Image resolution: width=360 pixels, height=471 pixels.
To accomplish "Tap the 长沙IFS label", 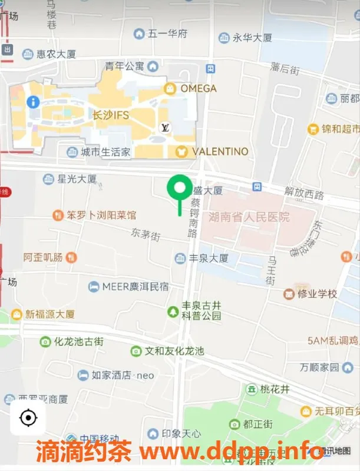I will pos(111,114).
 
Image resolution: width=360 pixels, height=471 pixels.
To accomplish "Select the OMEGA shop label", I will pos(198,88).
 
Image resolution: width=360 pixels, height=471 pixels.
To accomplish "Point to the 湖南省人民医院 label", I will pos(249,217).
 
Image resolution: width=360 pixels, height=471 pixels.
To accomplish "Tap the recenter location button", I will pos(28,418).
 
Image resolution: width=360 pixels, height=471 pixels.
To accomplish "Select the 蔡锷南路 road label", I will pos(193,217).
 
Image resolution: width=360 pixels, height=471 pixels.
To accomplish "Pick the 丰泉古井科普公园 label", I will pos(200,310).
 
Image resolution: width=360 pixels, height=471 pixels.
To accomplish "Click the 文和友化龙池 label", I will pos(174,351).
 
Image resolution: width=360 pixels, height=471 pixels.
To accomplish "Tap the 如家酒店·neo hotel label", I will pos(123,375).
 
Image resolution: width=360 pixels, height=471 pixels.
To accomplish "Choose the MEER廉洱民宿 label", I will pos(136,287).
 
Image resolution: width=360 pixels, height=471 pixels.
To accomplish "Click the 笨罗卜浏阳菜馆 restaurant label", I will pos(101,215).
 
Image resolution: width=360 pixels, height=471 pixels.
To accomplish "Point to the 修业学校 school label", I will pos(317,293).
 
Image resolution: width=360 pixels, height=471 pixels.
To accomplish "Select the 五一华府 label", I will pos(167,34).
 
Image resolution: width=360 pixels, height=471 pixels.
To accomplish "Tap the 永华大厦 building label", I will pos(252,38).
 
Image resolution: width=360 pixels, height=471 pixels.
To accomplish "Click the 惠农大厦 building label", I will pos(56,54).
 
